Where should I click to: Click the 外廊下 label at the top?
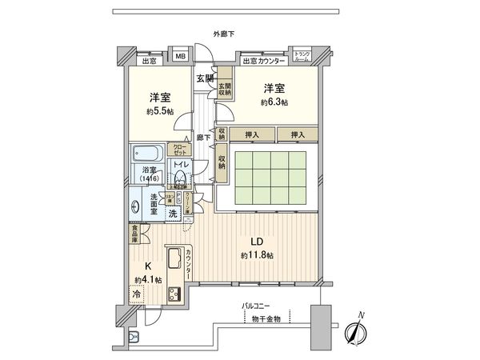[x=223, y=33]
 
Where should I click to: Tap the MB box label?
[x=181, y=56]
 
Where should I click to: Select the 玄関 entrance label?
[x=204, y=78]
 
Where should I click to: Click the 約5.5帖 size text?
[x=158, y=110]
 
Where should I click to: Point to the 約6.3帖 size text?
[x=274, y=102]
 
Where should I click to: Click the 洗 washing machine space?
[x=173, y=214]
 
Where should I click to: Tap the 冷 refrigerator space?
[x=138, y=294]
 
